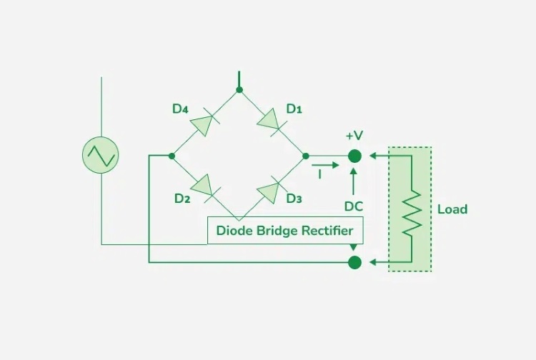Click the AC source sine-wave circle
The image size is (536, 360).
101,154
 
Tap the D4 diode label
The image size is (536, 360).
180,109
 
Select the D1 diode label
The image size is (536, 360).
294,109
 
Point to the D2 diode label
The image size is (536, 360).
182,198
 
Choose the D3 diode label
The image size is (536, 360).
294,198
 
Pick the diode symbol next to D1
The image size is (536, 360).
272,119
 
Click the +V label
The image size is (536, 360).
354,136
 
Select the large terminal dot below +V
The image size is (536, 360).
354,156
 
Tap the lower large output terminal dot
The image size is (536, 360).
354,262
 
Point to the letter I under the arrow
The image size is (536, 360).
319,174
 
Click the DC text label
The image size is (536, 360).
354,206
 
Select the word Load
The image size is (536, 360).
452,209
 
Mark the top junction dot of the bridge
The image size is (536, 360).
239,90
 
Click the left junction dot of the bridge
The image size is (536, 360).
172,156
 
